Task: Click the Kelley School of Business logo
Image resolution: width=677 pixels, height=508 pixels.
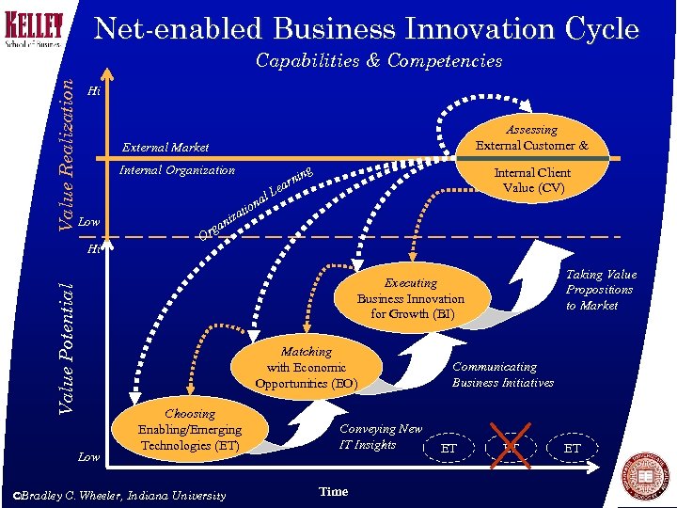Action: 34,29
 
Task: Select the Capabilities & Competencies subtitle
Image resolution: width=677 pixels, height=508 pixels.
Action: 379,61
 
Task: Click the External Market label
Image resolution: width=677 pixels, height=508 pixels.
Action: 165,148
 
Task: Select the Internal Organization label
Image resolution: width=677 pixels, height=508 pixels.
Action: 177,170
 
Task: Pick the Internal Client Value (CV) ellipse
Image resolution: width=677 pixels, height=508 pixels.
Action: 532,180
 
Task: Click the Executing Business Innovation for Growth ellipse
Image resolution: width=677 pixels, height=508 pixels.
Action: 411,298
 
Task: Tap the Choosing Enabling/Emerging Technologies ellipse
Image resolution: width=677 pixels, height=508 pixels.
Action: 190,429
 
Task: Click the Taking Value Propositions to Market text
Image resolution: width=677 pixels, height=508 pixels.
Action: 601,290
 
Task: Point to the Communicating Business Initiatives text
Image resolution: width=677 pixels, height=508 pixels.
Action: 502,374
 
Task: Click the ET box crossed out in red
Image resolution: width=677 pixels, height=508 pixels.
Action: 511,448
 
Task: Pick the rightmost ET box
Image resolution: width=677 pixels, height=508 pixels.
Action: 572,449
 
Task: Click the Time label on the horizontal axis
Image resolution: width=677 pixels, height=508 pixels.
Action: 333,492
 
